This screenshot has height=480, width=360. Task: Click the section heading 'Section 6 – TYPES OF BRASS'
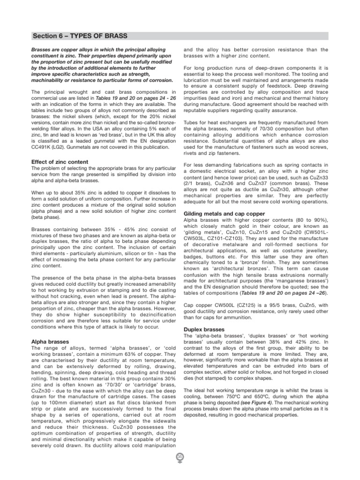pyautogui.click(x=80, y=37)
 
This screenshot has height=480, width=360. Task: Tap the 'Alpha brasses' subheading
pyautogui.click(x=50, y=342)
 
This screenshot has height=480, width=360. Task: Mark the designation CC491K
pyautogui.click(x=41, y=147)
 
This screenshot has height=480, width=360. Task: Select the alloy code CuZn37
pyautogui.click(x=259, y=184)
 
